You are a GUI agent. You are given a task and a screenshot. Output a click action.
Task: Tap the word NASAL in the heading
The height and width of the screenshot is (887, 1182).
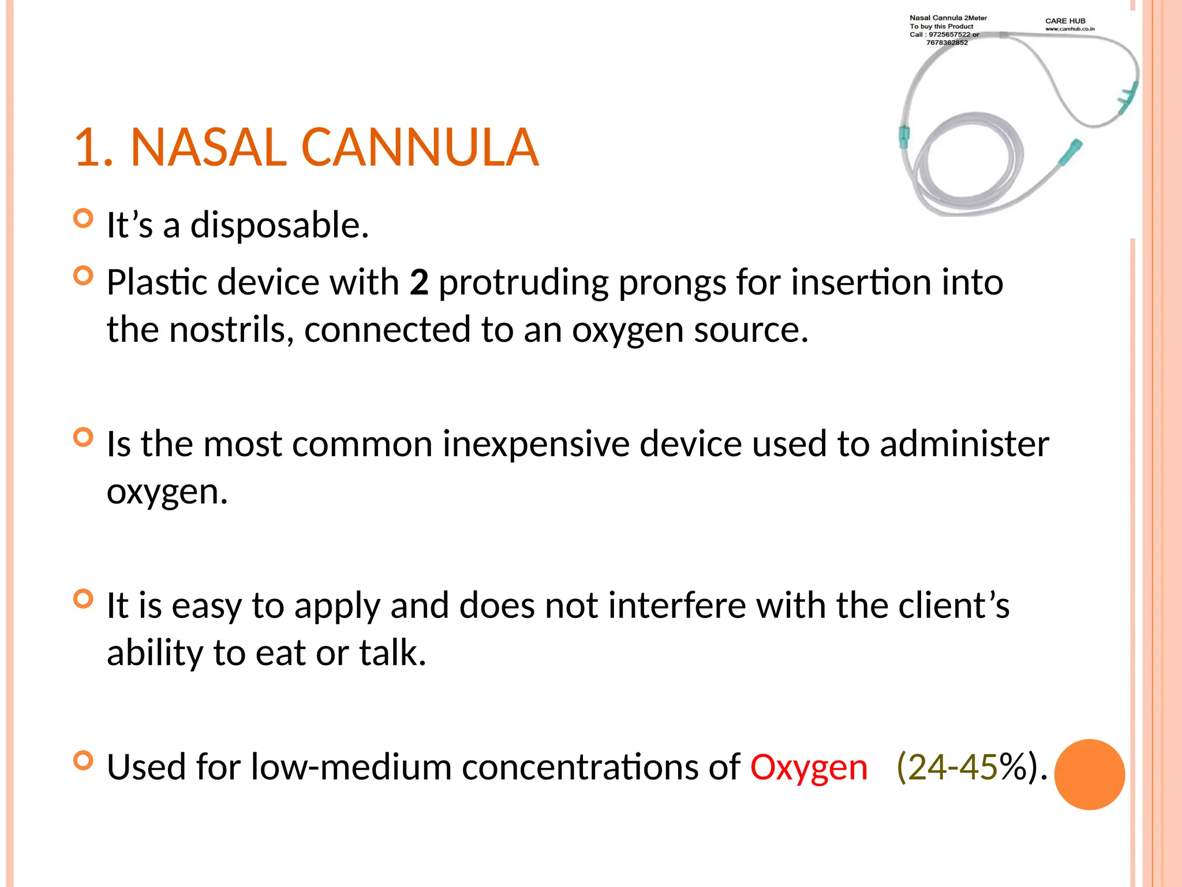pyautogui.click(x=208, y=148)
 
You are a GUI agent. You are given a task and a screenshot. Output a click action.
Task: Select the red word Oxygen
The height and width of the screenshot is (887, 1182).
pyautogui.click(x=809, y=767)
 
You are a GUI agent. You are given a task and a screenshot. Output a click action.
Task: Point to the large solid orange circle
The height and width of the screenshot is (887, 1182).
pyautogui.click(x=1089, y=774)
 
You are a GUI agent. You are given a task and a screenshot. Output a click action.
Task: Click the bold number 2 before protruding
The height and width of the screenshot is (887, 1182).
pyautogui.click(x=419, y=282)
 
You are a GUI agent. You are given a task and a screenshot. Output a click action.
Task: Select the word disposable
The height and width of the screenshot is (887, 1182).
pyautogui.click(x=279, y=225)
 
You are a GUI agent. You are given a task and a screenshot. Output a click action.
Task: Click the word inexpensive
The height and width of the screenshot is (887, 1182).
pyautogui.click(x=536, y=445)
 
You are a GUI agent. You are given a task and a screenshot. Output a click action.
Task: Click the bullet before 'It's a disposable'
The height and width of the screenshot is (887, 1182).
pyautogui.click(x=84, y=218)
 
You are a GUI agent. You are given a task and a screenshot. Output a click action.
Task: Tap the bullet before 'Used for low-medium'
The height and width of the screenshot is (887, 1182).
pyautogui.click(x=84, y=761)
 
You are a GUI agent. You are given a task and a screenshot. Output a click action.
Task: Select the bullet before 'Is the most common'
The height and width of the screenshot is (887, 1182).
pyautogui.click(x=84, y=438)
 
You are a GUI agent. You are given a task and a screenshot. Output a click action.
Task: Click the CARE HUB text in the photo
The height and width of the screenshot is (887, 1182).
pyautogui.click(x=1065, y=21)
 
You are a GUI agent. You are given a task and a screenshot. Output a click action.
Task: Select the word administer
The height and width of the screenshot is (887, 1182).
pyautogui.click(x=964, y=445)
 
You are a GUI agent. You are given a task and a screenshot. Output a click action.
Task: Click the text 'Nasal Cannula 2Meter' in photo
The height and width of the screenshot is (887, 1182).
pyautogui.click(x=948, y=18)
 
